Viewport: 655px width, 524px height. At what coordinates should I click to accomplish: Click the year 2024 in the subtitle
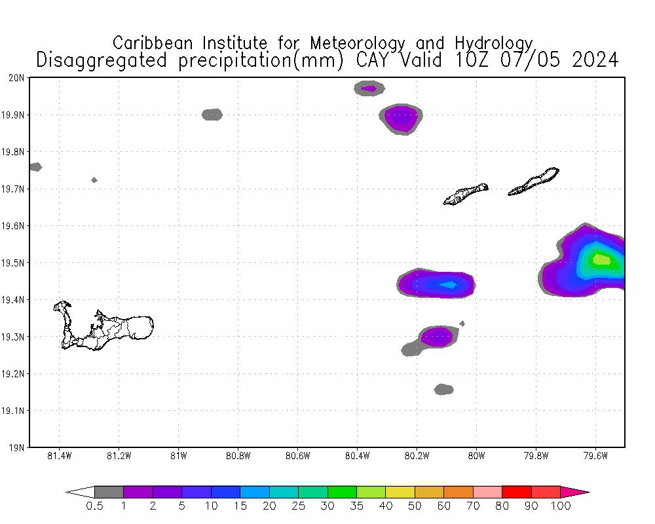point(595,60)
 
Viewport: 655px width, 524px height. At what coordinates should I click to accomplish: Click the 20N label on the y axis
point(17,78)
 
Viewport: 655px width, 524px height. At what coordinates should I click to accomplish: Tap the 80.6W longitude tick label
point(297,456)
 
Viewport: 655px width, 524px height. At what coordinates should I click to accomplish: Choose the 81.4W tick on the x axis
point(60,456)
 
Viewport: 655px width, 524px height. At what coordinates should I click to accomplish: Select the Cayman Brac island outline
point(534,181)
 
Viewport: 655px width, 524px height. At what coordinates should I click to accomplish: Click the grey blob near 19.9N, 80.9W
point(212,115)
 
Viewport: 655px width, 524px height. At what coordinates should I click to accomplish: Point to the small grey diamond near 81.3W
point(94,180)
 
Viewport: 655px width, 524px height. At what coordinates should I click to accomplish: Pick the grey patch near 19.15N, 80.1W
point(443,390)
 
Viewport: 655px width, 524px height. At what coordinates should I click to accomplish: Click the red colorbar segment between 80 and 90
point(516,492)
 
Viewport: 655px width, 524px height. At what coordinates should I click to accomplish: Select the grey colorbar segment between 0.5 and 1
point(109,492)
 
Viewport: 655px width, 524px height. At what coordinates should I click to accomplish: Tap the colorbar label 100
point(561,506)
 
